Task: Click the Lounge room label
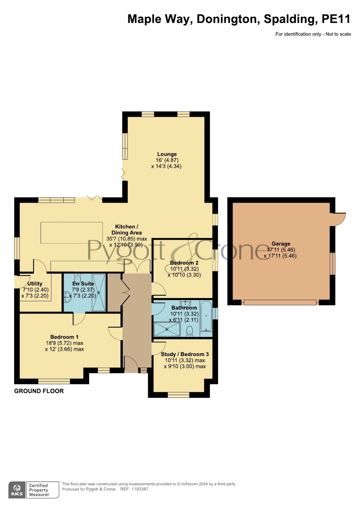click(x=167, y=154)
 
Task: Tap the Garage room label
click(x=281, y=244)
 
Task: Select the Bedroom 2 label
click(x=184, y=263)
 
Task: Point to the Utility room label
click(x=35, y=284)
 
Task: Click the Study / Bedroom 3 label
click(x=185, y=354)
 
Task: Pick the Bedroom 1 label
click(x=64, y=337)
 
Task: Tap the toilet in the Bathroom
click(x=189, y=331)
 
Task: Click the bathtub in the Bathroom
click(x=206, y=316)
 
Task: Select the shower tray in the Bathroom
click(x=167, y=329)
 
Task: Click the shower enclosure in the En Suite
click(x=99, y=292)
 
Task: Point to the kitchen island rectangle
click(x=72, y=233)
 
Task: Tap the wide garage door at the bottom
click(x=280, y=302)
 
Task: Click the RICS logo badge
click(x=17, y=490)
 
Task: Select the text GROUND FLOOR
click(x=39, y=391)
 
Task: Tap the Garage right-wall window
click(x=332, y=263)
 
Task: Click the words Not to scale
click(x=338, y=34)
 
